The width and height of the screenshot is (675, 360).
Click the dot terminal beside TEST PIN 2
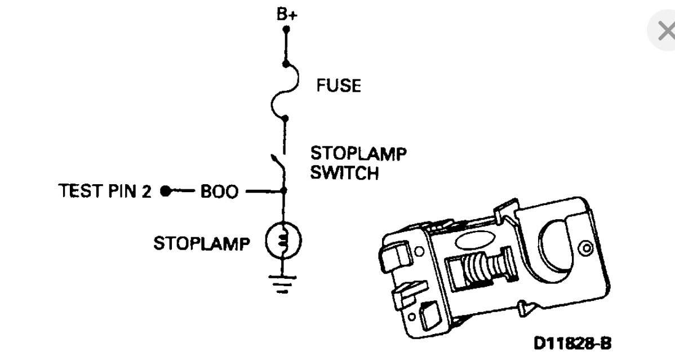tap(165, 191)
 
